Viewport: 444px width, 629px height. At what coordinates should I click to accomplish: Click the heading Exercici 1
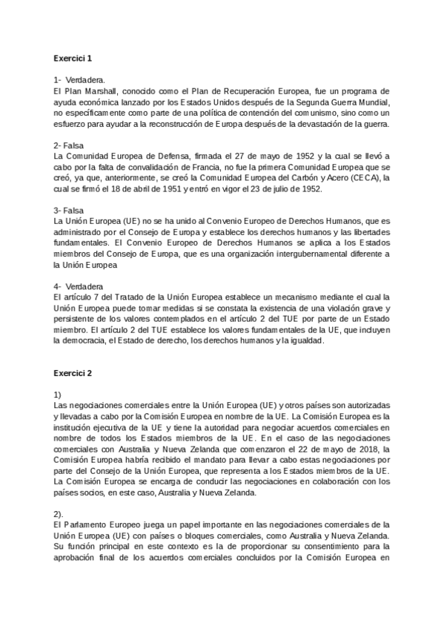73,57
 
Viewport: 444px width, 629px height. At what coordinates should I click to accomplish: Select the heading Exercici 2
73,373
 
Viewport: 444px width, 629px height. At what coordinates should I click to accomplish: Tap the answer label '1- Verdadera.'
80,79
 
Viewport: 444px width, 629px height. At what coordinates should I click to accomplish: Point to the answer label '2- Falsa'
69,145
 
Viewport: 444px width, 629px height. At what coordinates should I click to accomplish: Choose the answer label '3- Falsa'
69,211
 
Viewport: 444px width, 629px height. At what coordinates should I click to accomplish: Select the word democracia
87,342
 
